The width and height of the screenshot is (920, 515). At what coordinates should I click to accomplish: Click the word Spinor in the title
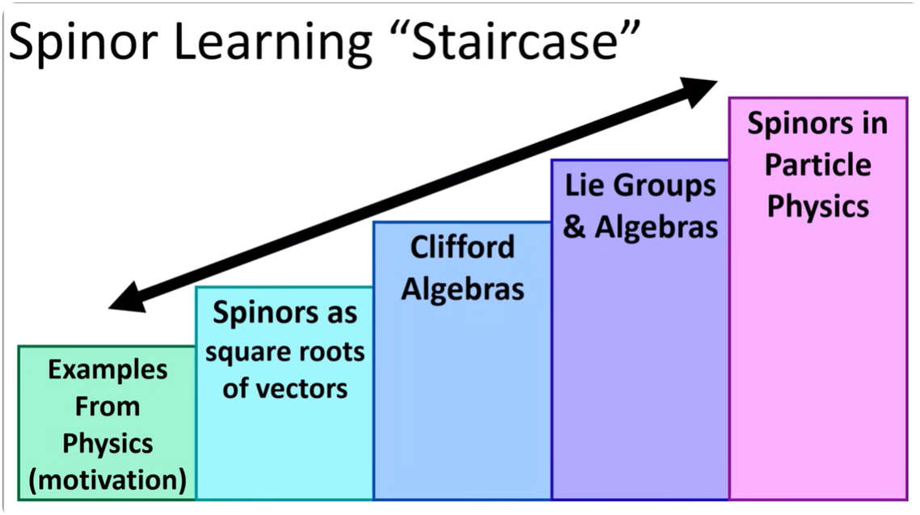[83, 43]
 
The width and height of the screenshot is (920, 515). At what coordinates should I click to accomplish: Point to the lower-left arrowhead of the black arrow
[127, 298]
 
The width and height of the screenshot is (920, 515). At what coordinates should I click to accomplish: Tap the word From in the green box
[108, 407]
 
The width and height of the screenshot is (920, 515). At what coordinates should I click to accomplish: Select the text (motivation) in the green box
[108, 480]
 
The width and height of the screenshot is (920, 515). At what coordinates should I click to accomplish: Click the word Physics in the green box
[108, 444]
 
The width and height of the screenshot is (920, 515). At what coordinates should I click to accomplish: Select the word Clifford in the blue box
[462, 247]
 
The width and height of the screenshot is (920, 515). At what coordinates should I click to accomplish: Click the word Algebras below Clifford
[463, 289]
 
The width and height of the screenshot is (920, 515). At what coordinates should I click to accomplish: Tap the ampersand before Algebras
[574, 227]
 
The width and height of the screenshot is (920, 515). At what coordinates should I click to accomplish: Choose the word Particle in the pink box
[818, 165]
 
